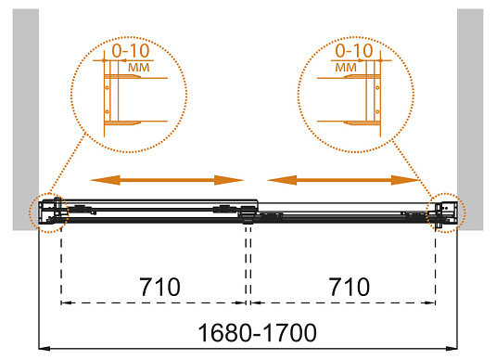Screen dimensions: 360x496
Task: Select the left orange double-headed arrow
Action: click(166, 179)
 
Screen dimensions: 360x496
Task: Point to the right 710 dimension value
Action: click(346, 283)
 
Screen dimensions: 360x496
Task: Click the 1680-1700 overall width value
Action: click(249, 332)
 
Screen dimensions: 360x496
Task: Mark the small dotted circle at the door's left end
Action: click(47, 212)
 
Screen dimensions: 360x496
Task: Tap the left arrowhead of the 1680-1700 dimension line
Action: click(43, 350)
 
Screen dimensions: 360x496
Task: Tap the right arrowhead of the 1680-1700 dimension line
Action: click(454, 350)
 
